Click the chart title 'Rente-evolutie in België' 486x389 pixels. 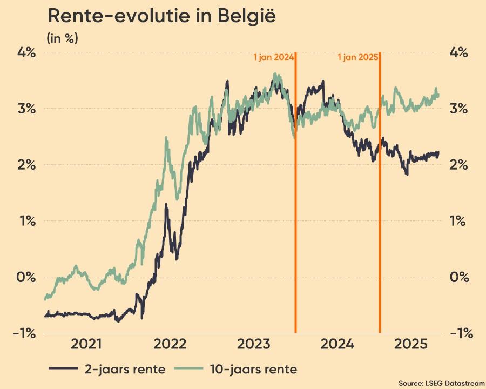(x=162, y=16)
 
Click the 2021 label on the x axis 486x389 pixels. (x=87, y=344)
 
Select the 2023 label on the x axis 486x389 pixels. (x=254, y=344)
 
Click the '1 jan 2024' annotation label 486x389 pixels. (x=273, y=57)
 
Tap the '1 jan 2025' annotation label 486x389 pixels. (x=357, y=57)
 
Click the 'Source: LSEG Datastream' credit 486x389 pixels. (x=441, y=383)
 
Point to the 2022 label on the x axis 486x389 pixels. (x=170, y=344)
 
